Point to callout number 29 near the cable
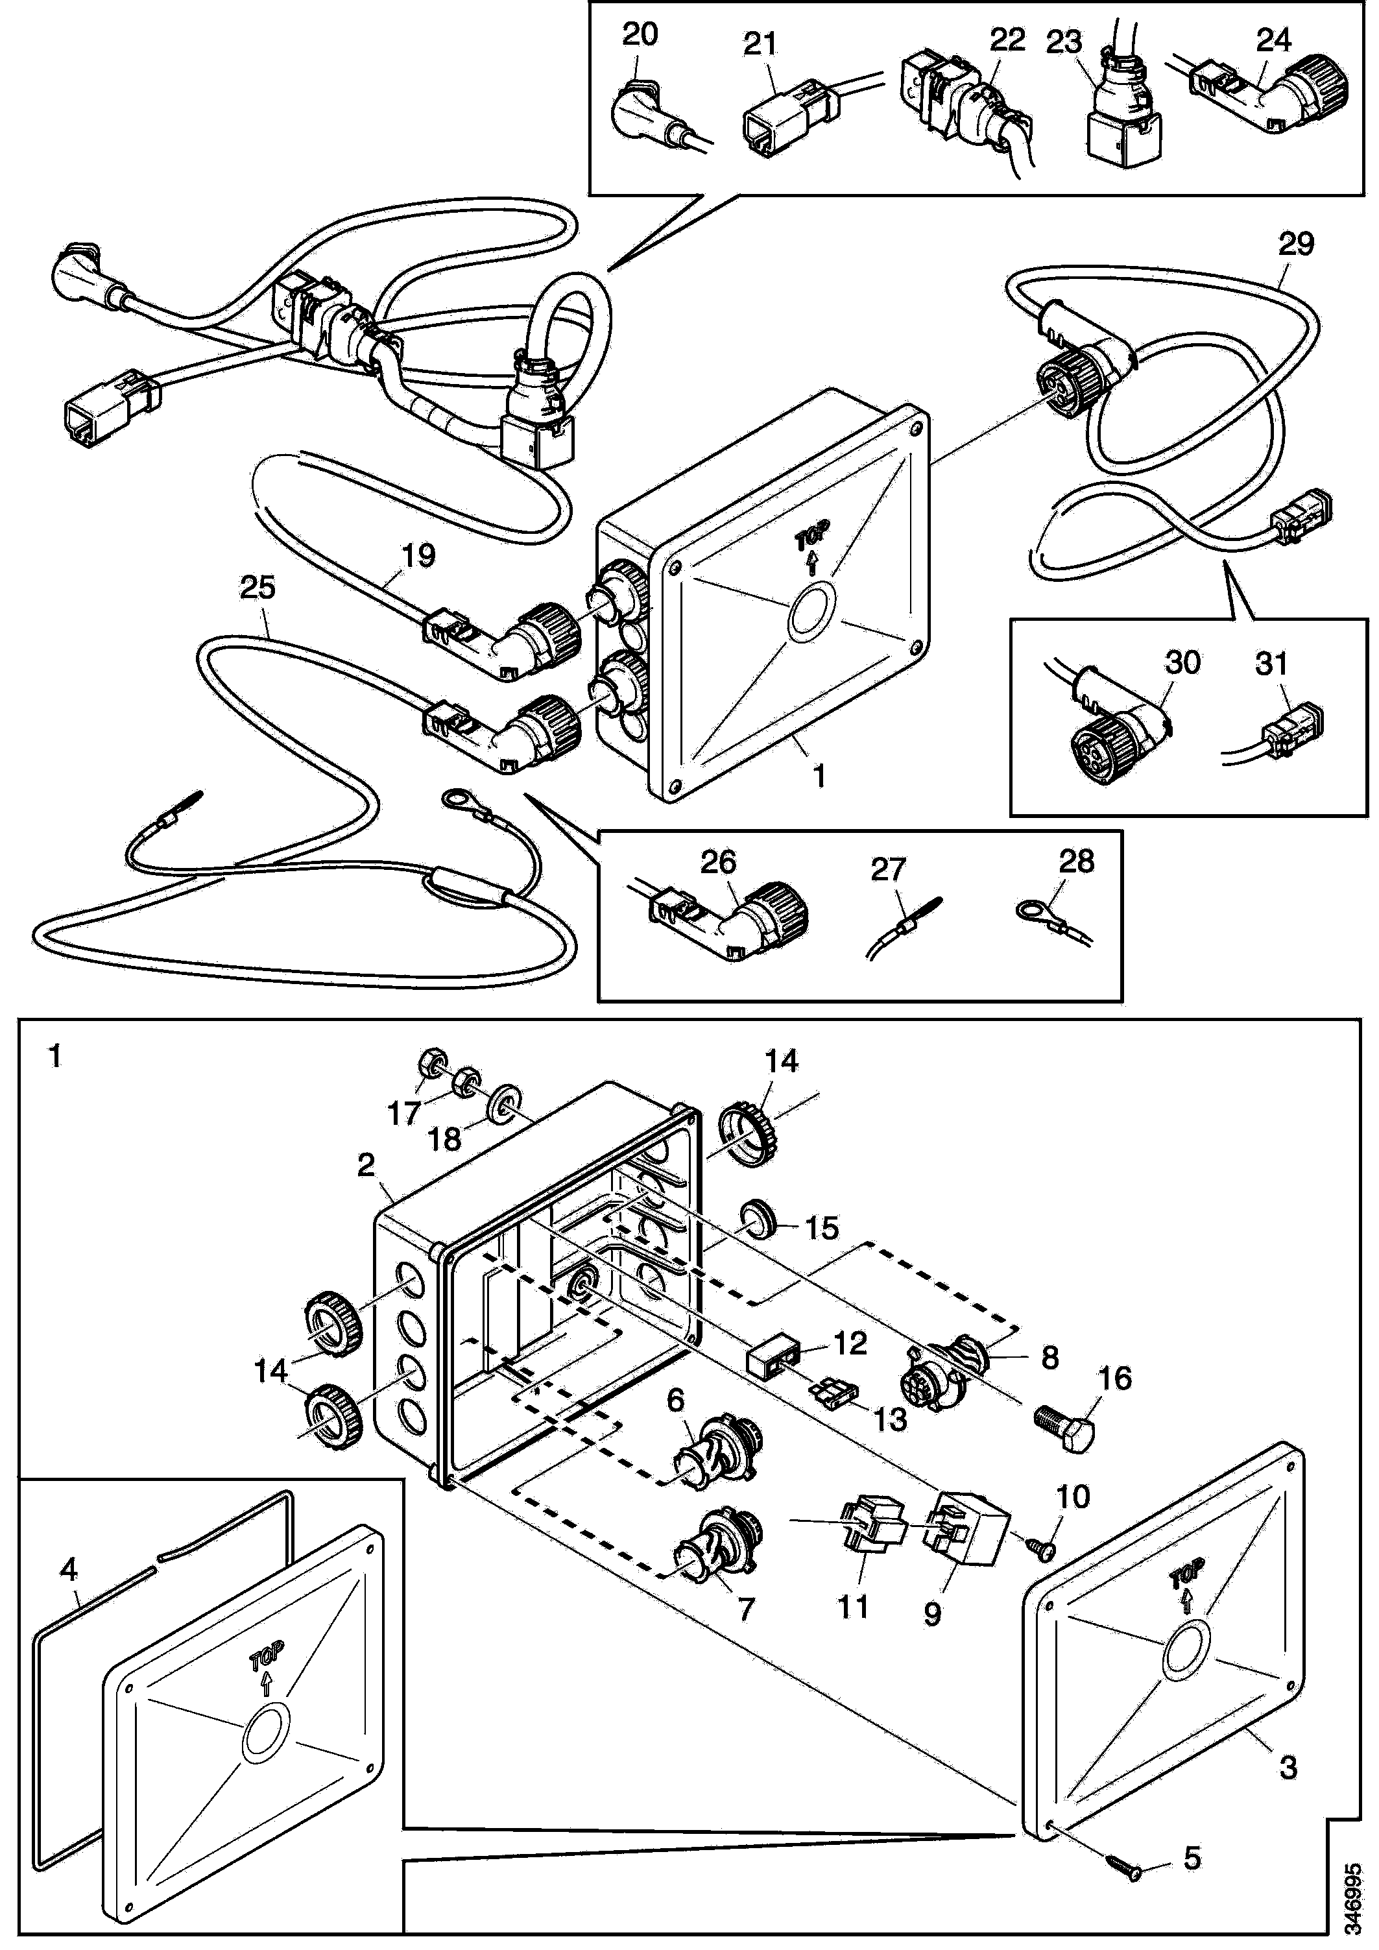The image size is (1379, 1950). click(x=1297, y=244)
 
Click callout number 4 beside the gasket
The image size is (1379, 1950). click(x=69, y=1571)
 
